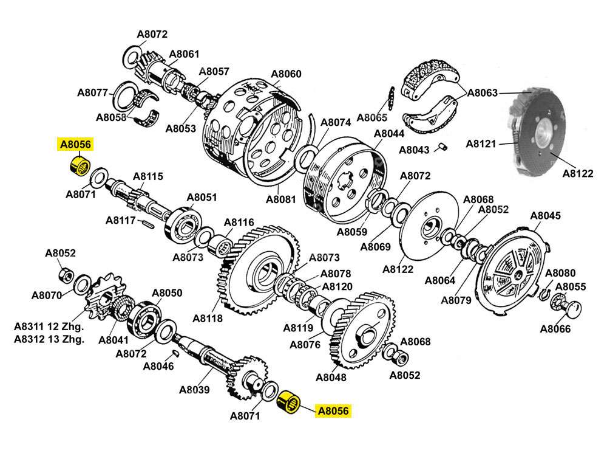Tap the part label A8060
pyautogui.click(x=286, y=74)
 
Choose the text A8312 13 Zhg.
pyautogui.click(x=49, y=339)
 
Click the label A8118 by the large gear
pyautogui.click(x=208, y=318)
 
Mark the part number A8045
pyautogui.click(x=546, y=215)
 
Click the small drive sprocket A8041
pyautogui.click(x=101, y=302)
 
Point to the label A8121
pyautogui.click(x=481, y=144)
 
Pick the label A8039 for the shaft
pyautogui.click(x=194, y=390)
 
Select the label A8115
pyautogui.click(x=148, y=176)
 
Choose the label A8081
pyautogui.click(x=281, y=199)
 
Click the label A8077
pyautogui.click(x=92, y=93)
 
